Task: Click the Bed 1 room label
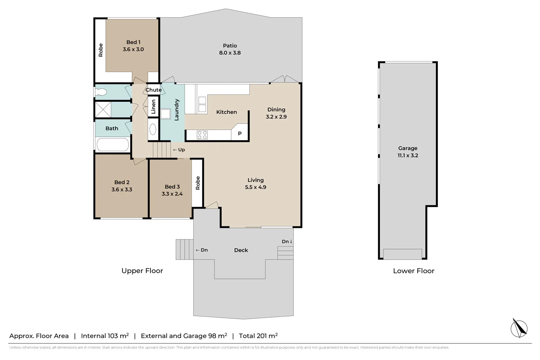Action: tap(133, 42)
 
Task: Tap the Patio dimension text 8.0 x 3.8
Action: tap(230, 53)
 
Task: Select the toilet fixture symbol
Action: tap(100, 92)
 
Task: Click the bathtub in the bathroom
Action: tap(113, 145)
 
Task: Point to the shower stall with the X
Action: tap(103, 109)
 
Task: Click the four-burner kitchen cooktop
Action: tap(202, 135)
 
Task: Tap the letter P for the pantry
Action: tap(240, 133)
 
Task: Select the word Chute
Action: tap(153, 90)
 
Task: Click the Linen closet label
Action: tap(153, 107)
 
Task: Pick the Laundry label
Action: tap(176, 110)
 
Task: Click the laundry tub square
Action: tap(166, 114)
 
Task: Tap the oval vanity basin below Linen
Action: tap(153, 130)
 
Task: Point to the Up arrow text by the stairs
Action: tap(179, 150)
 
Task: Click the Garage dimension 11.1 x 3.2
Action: tap(408, 156)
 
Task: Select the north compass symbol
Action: tap(519, 329)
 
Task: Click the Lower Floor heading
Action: tap(414, 271)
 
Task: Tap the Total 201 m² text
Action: tap(258, 336)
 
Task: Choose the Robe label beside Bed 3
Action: tap(198, 183)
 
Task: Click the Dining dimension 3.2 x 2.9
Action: tap(276, 117)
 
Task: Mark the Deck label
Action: tap(241, 250)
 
